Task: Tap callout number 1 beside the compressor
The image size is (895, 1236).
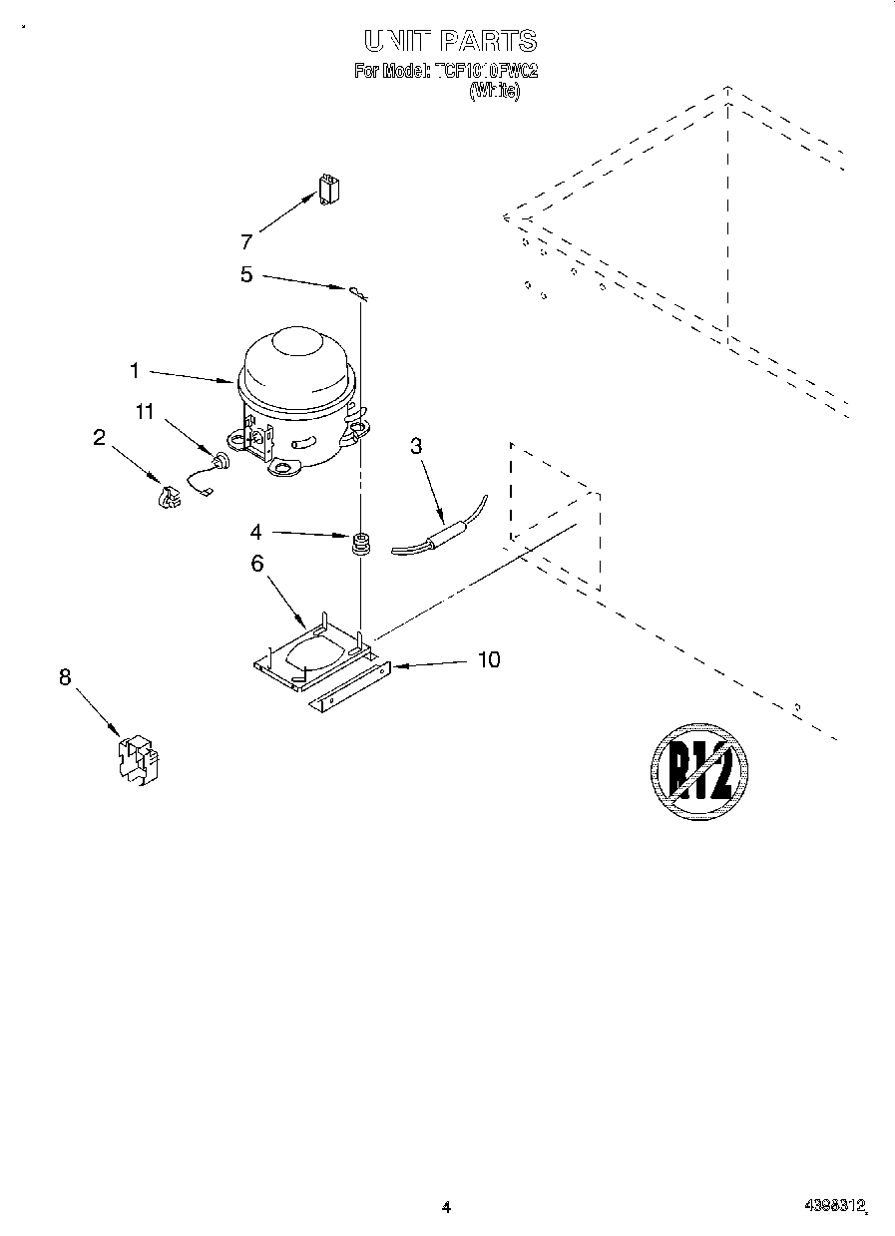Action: point(135,371)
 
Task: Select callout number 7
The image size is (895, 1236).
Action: point(246,240)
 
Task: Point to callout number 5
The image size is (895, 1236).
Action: point(246,274)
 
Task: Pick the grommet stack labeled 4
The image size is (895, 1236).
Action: point(359,545)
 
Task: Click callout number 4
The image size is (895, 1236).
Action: point(255,533)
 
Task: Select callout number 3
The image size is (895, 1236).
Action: point(416,446)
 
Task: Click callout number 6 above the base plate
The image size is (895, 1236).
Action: point(257,564)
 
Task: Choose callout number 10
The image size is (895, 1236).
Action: point(489,659)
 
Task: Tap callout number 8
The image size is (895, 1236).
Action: point(65,677)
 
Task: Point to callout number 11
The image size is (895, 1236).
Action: point(146,411)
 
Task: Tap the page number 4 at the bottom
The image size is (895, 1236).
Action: point(446,1207)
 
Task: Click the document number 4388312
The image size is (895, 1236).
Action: point(834,1206)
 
